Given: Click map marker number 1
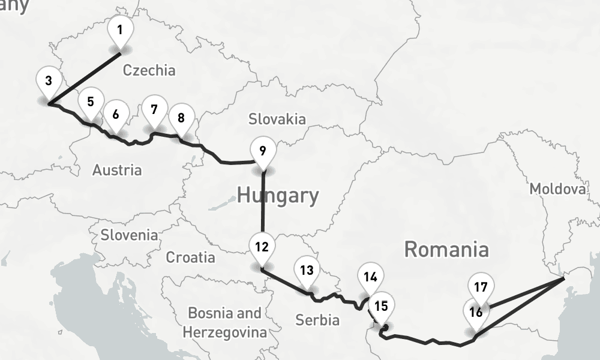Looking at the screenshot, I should coord(120,29).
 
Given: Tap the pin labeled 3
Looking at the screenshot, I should coord(48,81).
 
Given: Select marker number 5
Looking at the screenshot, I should coord(91,101).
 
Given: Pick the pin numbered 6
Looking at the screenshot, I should coord(116,113).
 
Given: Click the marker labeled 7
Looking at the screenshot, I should coord(154,110).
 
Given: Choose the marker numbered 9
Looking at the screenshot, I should coord(263,151).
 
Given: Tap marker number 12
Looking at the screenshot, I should coord(262,247).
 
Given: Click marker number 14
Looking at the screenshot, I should coord(370,277).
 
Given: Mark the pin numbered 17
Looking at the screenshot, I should coord(480,287).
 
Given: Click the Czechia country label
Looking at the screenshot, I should coord(149,70).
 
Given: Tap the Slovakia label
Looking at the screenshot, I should coord(277,119).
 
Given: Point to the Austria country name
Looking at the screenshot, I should coord(117,170).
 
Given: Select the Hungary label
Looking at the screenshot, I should coord(277,196).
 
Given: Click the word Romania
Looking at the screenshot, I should coord(446,248).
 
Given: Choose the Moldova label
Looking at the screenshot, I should coord(557,189).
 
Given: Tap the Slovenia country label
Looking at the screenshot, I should coord(129,235).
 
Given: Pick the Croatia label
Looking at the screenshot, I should coord(190,257).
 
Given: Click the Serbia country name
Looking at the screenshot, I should coord(317,320).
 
